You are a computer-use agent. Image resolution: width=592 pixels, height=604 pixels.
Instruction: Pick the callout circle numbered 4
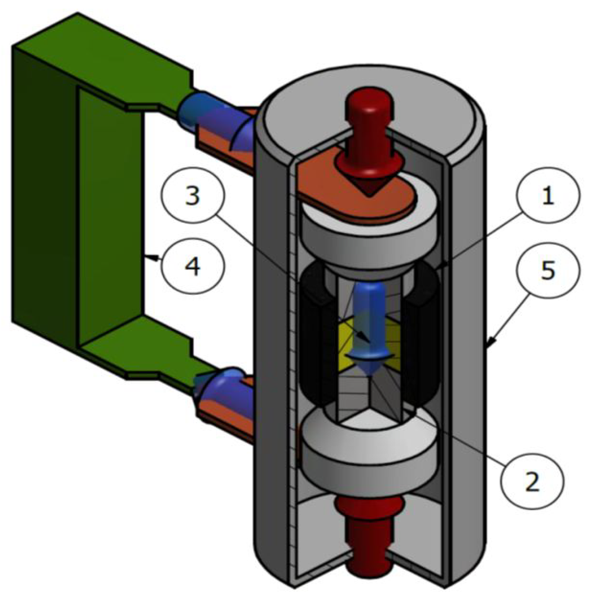pyautogui.click(x=193, y=266)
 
